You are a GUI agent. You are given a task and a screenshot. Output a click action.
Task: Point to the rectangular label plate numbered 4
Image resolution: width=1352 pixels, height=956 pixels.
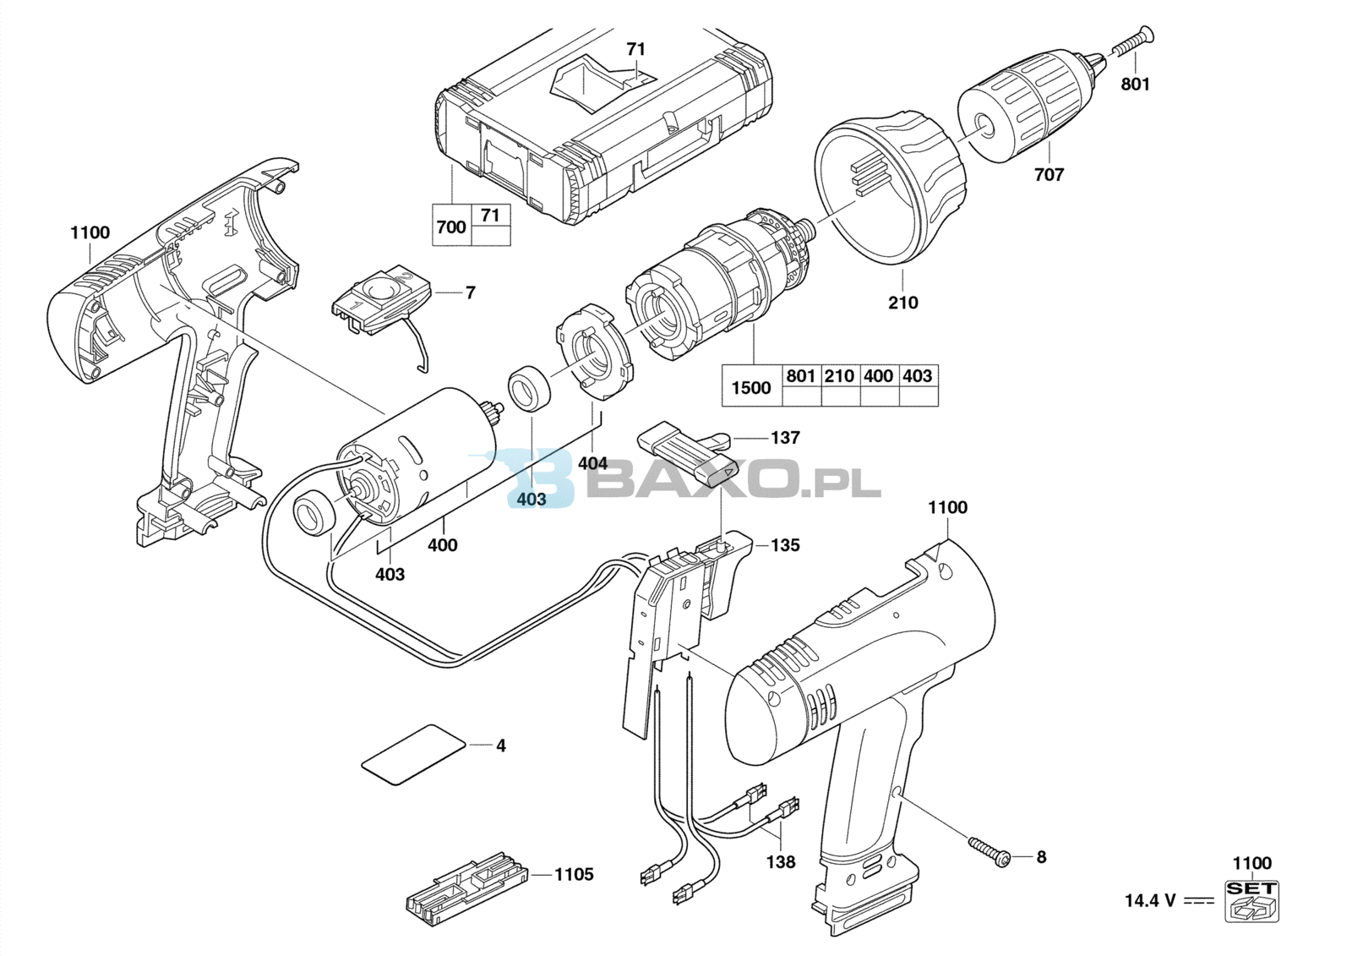413,754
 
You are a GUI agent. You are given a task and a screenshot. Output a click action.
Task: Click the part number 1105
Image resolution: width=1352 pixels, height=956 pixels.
574,874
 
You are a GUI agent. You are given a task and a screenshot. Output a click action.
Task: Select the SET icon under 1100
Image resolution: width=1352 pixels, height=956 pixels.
1251,900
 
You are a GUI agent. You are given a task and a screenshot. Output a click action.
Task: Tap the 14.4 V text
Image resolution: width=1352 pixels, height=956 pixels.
1150,901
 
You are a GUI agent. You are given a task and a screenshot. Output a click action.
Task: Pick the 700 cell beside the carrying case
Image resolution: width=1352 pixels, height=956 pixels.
451,227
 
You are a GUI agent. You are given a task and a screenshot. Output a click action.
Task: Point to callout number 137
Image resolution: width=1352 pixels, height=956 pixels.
785,437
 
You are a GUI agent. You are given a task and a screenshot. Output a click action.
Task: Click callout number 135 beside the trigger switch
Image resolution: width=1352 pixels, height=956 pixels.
785,544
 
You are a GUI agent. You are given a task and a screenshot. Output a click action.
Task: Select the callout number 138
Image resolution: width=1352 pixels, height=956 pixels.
781,862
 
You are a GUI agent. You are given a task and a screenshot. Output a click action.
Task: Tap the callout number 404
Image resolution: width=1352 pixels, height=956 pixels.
592,463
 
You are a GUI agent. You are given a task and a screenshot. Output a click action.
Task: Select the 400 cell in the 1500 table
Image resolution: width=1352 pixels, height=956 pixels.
878,375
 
